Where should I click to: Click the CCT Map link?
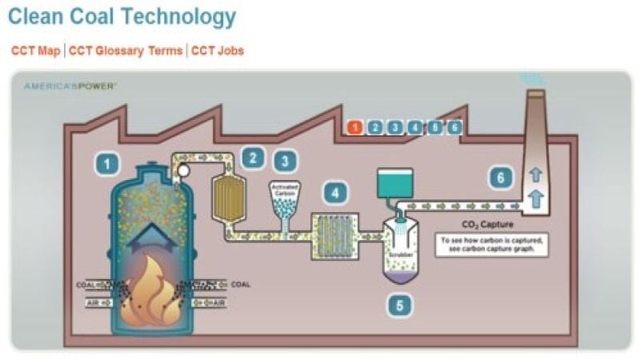coord(35,50)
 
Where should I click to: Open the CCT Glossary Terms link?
coord(125,50)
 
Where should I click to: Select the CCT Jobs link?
coord(218,50)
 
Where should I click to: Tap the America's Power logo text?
coord(70,85)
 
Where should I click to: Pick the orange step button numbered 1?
coord(355,126)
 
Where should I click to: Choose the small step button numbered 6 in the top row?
coord(454,126)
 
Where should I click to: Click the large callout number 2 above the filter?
coord(254,157)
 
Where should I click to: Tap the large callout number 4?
coord(334,193)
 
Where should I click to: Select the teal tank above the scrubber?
coord(394,184)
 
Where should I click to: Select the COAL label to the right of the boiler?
coord(240,284)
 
